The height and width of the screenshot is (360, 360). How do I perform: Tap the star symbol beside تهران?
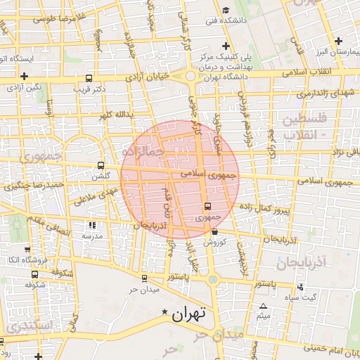click(x=165, y=311)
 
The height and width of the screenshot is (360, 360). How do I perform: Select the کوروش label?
click(x=213, y=243)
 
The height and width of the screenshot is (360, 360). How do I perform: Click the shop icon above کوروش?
click(x=214, y=231)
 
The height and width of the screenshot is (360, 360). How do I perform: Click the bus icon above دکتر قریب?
click(x=89, y=79)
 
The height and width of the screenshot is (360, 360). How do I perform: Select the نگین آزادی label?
click(x=25, y=86)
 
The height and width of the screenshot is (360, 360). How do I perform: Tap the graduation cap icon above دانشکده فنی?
click(x=225, y=10)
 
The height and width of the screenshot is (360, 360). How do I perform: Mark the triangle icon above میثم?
click(x=263, y=306)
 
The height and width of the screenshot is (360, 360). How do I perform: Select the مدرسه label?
click(x=92, y=236)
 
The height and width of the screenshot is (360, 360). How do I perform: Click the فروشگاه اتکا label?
click(x=24, y=260)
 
